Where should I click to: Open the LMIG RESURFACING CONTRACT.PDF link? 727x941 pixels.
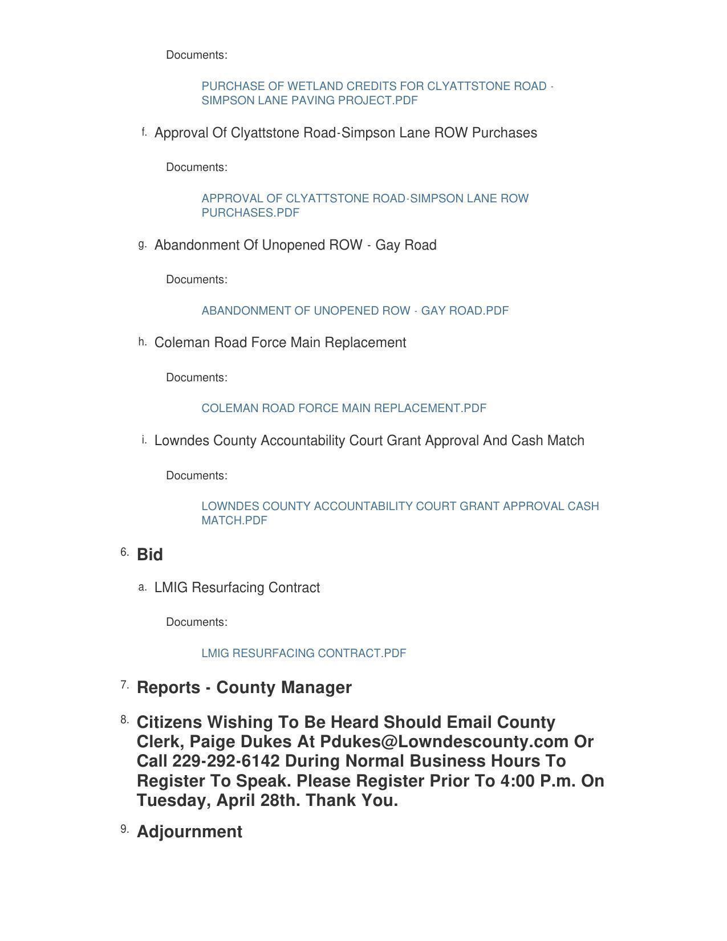(303, 653)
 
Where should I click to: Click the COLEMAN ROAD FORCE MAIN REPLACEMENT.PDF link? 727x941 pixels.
(344, 408)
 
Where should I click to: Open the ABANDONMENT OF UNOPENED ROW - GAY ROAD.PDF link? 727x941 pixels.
(355, 311)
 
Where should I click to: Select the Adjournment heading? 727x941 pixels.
(189, 832)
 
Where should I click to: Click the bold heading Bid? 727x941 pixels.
(150, 555)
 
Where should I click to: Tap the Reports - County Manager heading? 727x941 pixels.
(244, 687)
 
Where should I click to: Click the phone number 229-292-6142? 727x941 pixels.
(226, 761)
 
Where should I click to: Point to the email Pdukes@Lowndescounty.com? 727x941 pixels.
(444, 742)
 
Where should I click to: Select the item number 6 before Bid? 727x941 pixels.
(124, 552)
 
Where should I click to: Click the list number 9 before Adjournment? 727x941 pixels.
(124, 829)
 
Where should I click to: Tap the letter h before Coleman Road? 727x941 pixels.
(142, 342)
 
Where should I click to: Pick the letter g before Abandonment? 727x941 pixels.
(142, 245)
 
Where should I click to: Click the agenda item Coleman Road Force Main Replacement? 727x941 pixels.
(280, 343)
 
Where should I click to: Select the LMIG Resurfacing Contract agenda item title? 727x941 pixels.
(237, 588)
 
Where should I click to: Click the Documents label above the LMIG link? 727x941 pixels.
(196, 622)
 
